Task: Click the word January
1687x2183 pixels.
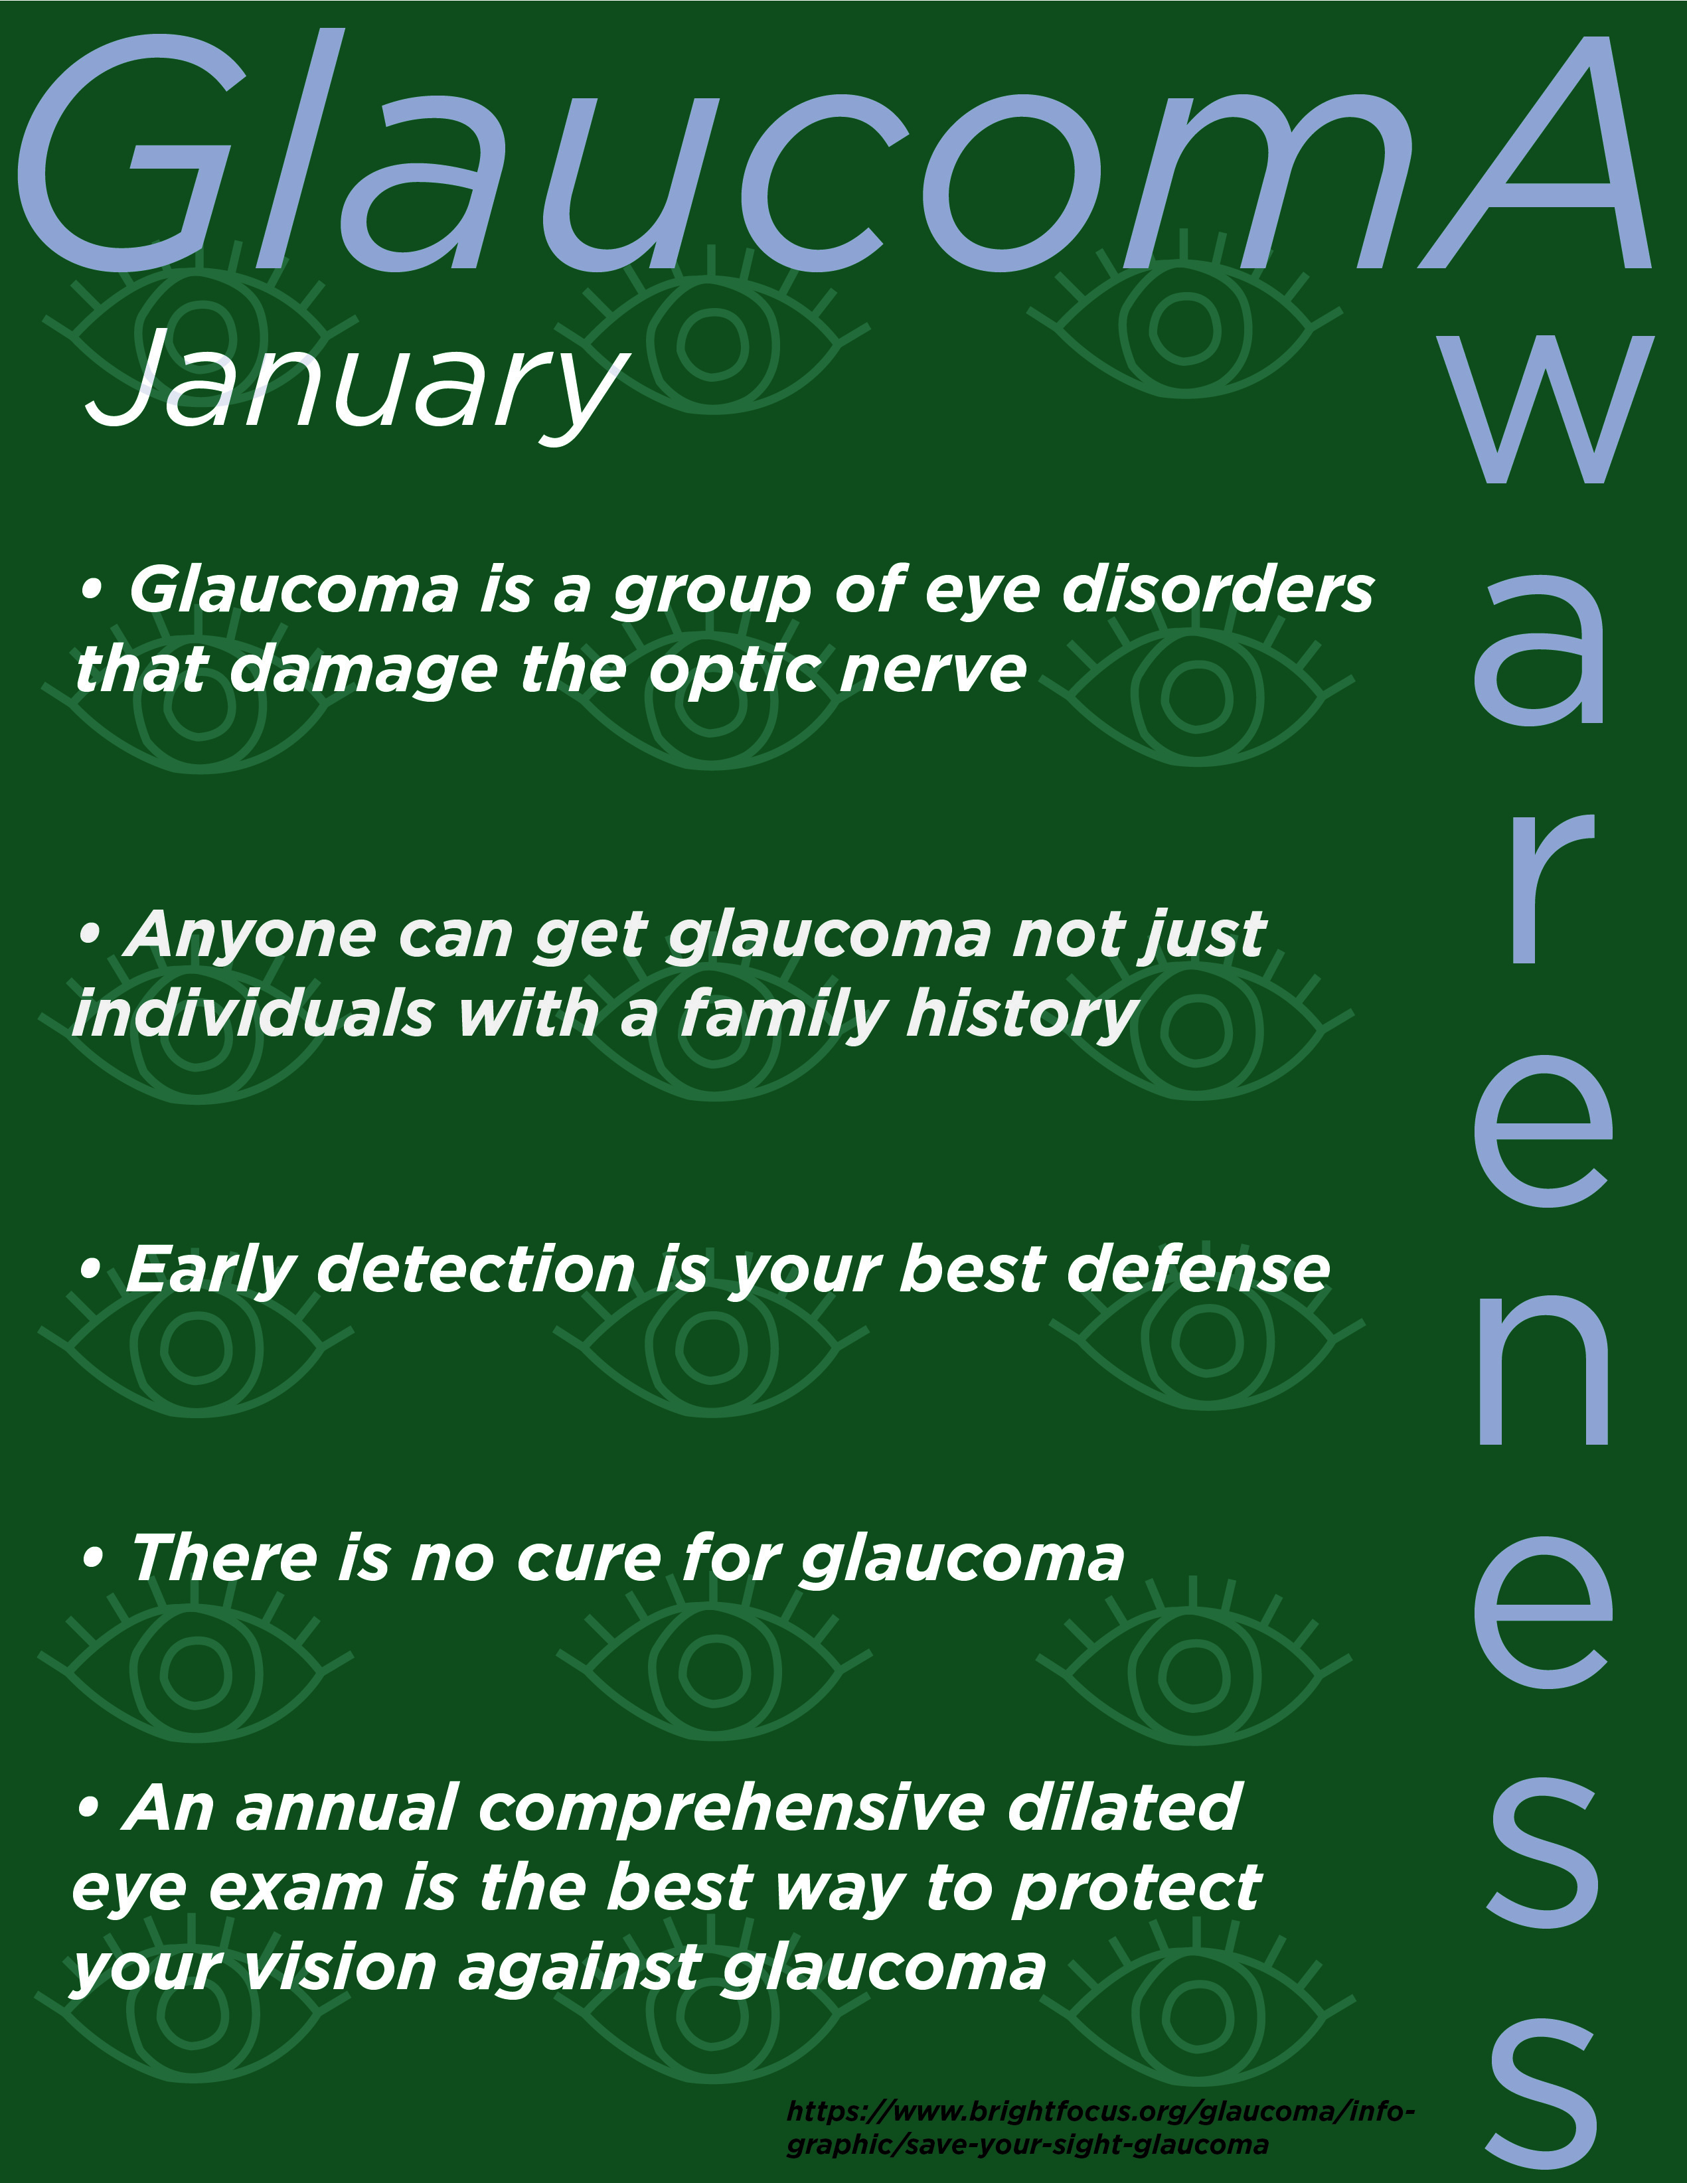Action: [355, 385]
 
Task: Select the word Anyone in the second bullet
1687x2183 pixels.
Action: [250, 935]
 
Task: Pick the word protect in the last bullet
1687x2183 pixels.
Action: [1135, 1889]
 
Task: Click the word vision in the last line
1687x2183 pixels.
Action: [340, 1969]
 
